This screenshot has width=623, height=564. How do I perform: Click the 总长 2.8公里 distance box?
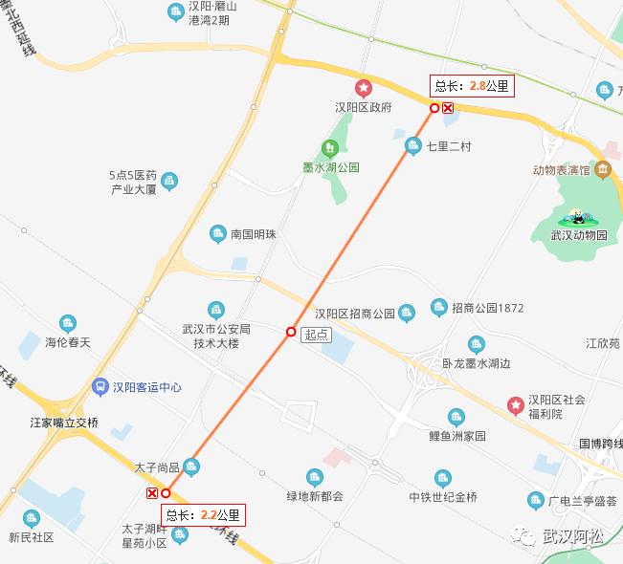[473, 86]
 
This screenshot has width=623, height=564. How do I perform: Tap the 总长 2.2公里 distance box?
[205, 515]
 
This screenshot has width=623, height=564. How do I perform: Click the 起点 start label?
[315, 335]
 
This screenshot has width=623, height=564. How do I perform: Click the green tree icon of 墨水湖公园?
[330, 147]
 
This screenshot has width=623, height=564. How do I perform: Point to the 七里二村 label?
[449, 146]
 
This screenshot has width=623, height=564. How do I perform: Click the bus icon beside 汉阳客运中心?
[100, 387]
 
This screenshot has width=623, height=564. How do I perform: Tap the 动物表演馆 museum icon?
[603, 171]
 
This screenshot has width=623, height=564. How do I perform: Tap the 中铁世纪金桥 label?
[442, 496]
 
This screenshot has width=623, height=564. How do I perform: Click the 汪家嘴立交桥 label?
[64, 422]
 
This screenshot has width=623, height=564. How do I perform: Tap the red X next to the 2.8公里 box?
[448, 108]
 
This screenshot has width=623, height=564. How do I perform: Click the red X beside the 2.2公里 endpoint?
[151, 492]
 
